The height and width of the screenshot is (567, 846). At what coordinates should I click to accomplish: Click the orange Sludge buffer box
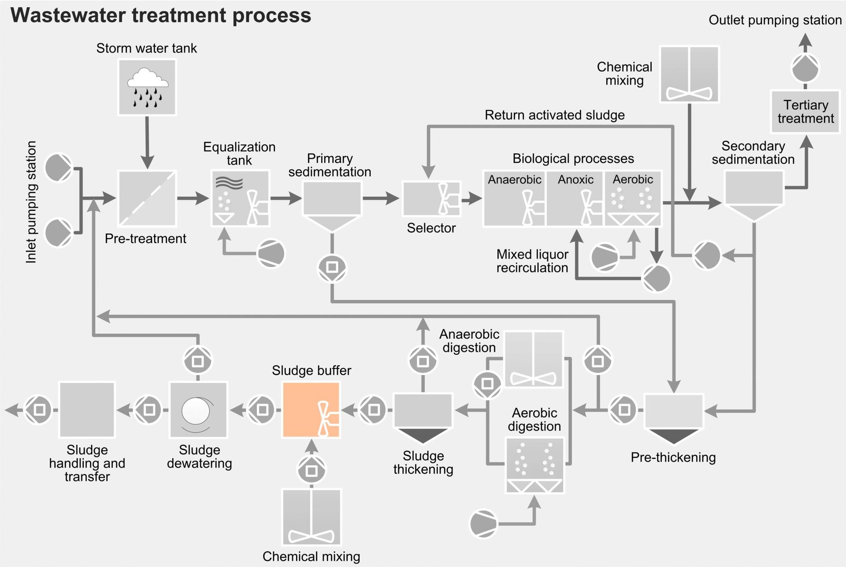(x=311, y=410)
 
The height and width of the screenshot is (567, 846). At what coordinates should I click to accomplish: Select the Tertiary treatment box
(x=805, y=112)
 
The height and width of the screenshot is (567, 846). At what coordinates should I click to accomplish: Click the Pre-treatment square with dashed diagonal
(x=147, y=199)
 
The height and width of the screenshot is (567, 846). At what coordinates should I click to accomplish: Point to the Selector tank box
(x=431, y=199)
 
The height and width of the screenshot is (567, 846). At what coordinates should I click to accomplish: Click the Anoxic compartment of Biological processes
(x=575, y=199)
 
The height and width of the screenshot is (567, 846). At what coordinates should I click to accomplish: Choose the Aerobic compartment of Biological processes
(x=633, y=199)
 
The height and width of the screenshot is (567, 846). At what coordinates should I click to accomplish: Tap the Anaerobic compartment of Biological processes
(x=515, y=199)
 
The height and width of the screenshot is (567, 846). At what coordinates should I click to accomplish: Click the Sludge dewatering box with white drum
(x=198, y=410)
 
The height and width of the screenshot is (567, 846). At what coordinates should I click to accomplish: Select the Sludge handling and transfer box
(x=87, y=410)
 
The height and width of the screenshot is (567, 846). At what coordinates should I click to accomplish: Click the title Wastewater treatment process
(x=161, y=15)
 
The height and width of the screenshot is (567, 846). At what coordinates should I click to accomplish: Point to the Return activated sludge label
(x=554, y=115)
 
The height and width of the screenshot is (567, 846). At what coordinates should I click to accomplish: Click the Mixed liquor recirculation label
(x=532, y=261)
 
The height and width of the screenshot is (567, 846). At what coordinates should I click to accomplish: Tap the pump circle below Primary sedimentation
(x=332, y=267)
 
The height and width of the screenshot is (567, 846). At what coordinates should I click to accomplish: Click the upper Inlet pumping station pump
(x=58, y=167)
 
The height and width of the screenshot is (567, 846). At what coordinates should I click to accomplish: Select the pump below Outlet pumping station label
(x=805, y=68)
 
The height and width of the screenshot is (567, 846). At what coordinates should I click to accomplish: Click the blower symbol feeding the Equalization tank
(x=271, y=253)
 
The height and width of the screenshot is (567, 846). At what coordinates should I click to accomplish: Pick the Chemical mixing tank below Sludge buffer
(x=311, y=517)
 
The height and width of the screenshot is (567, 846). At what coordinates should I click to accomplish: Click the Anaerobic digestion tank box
(x=533, y=359)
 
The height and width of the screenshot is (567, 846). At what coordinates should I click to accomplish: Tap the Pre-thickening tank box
(x=673, y=411)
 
